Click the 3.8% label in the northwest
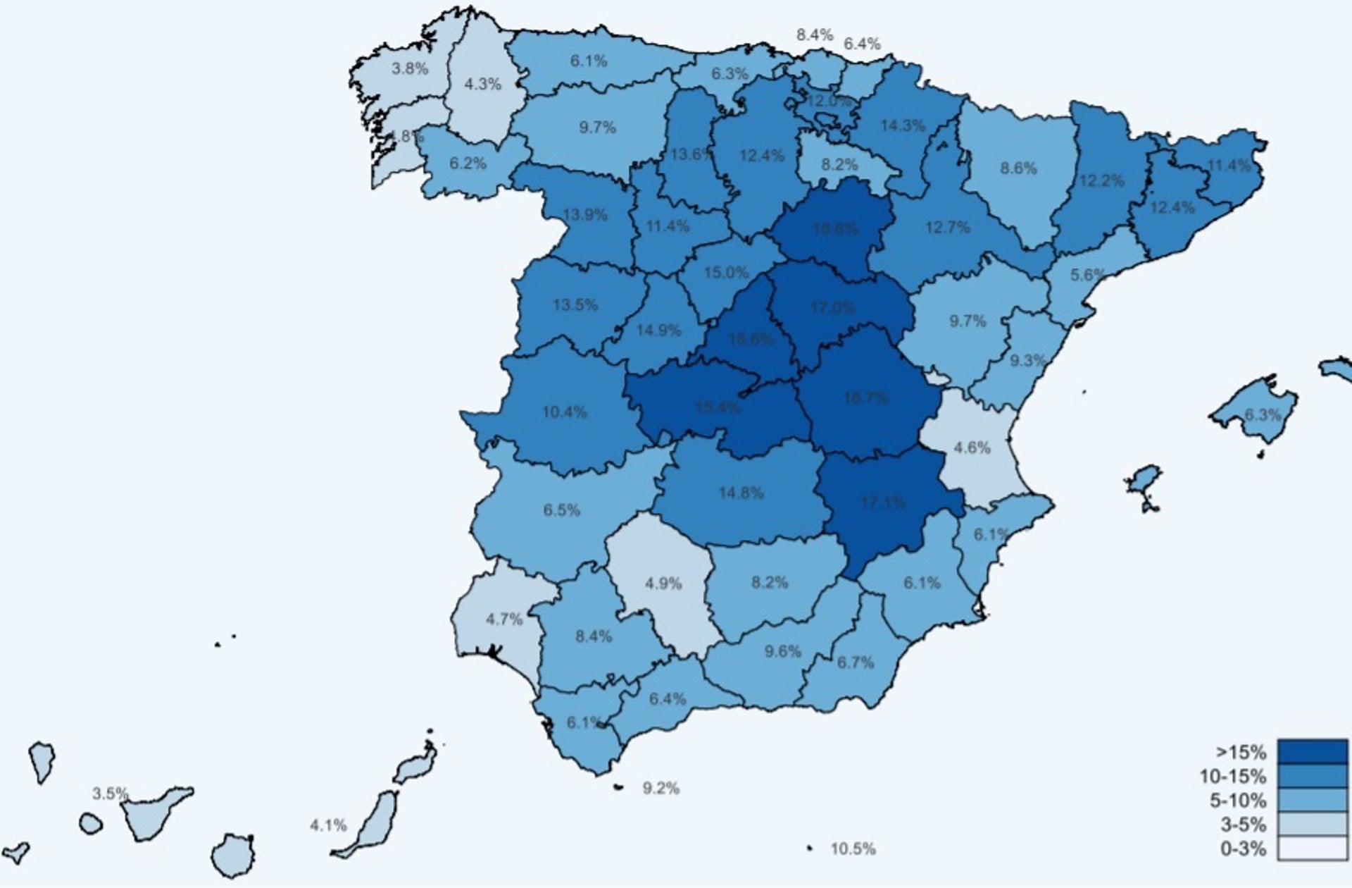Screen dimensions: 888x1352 click(410, 69)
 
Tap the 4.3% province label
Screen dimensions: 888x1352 click(483, 85)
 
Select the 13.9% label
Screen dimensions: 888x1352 click(585, 214)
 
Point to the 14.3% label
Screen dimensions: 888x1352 click(903, 126)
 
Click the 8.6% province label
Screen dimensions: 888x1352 click(1018, 168)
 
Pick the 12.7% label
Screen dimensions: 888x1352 click(948, 228)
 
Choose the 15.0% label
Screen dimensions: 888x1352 click(726, 272)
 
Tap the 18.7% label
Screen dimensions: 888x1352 click(866, 398)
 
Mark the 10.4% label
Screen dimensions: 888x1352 click(565, 412)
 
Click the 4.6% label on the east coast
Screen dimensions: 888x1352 click(972, 448)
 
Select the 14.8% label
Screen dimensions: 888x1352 click(741, 493)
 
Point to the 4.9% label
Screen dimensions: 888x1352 click(663, 584)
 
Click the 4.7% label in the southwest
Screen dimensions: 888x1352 click(504, 619)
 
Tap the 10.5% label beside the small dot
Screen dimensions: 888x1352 click(853, 849)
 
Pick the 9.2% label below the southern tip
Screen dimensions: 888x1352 click(661, 789)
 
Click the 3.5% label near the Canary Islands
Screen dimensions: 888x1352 click(111, 794)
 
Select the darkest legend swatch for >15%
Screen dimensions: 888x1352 click(1313, 752)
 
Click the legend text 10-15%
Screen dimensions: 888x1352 click(1233, 777)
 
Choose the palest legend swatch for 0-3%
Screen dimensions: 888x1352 click(1313, 849)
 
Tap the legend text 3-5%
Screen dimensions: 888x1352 click(1244, 825)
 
